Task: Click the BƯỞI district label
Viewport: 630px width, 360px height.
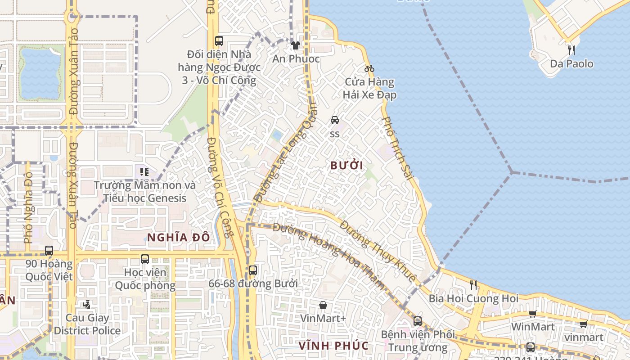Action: (x=346, y=166)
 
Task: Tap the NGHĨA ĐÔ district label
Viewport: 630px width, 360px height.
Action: (x=179, y=238)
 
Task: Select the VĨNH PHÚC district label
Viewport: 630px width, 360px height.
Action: (x=334, y=346)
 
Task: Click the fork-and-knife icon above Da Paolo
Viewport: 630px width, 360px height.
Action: (x=571, y=49)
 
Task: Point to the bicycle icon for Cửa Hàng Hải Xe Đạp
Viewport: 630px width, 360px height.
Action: (x=369, y=68)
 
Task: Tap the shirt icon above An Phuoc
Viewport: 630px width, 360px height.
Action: (x=296, y=45)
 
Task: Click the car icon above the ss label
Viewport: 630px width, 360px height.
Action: (x=335, y=120)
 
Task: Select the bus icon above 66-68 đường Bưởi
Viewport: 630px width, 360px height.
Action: (x=253, y=270)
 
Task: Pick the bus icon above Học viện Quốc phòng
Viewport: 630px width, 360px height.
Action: (x=145, y=259)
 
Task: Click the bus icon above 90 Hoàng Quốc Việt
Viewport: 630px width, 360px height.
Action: (x=49, y=250)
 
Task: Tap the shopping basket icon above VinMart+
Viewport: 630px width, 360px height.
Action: (x=323, y=305)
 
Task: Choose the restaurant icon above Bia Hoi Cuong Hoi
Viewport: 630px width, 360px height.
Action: (x=473, y=284)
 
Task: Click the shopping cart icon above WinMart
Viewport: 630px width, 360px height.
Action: (x=533, y=314)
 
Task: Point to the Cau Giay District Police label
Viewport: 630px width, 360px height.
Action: (x=87, y=324)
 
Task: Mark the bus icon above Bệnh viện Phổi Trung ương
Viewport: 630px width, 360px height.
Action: (x=418, y=321)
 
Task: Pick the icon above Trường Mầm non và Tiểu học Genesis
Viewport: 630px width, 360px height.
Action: (x=144, y=171)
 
